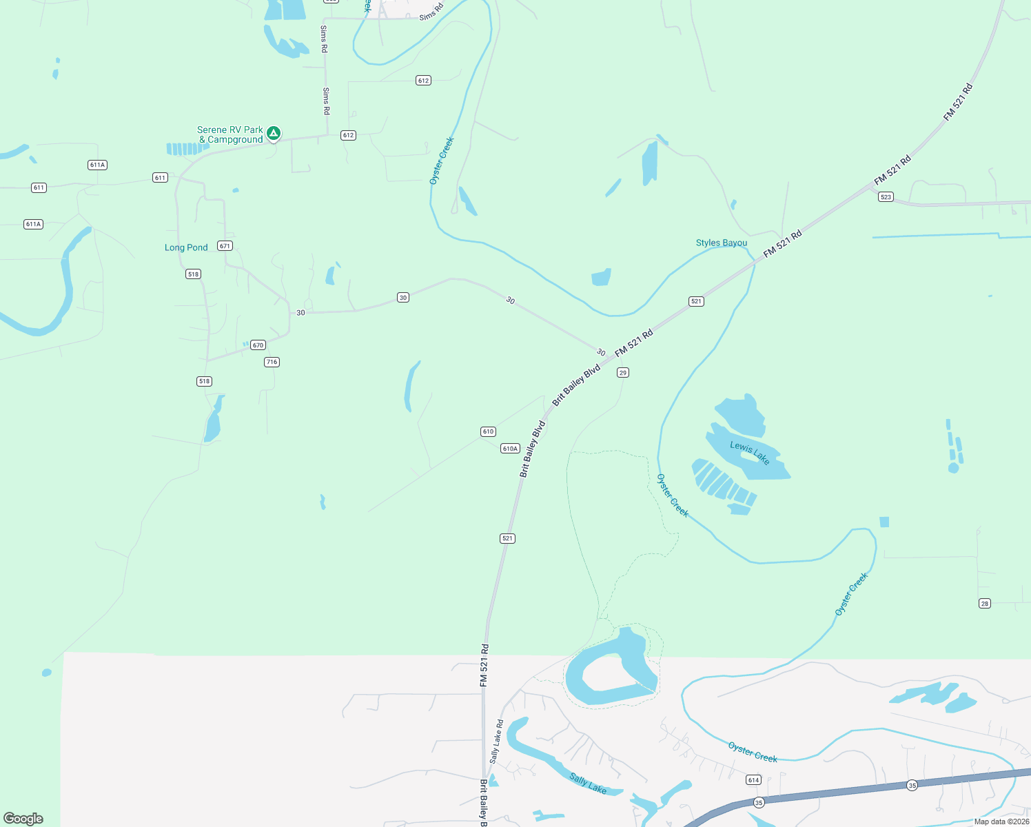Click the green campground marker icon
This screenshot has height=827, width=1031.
point(274,133)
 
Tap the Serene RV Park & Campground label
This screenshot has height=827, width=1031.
point(230,134)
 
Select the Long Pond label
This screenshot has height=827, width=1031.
point(186,247)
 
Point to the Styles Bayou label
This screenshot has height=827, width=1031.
point(721,243)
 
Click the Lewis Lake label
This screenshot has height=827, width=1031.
point(750,452)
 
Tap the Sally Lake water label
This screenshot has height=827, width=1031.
point(588,784)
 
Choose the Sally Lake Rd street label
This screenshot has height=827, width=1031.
point(496,741)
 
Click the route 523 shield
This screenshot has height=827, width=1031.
point(886,197)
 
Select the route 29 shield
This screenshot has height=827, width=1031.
point(623,373)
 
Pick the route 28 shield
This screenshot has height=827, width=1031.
point(985,604)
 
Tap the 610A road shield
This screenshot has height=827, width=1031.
point(510,449)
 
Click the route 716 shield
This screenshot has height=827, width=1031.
point(272,362)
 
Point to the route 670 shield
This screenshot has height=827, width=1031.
point(258,345)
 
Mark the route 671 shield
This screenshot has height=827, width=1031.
point(225,246)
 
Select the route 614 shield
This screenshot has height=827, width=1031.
point(753,780)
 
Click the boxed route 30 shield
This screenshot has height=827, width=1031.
point(403,298)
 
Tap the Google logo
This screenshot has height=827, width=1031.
point(23,819)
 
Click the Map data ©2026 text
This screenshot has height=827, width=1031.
point(1001,821)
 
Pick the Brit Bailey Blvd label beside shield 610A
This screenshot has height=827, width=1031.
point(532,449)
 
